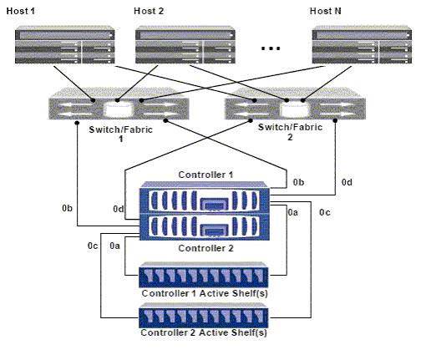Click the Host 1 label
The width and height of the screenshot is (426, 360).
pos(20,11)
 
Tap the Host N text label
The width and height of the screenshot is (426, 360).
pos(325,11)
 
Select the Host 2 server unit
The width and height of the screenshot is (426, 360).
pos(185,45)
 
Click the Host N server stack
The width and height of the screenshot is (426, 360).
pos(362,45)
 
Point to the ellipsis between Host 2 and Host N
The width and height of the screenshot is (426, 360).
pos(271,48)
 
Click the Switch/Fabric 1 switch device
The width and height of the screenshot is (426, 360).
pos(119,104)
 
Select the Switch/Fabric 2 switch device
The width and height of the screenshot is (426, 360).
pos(295,104)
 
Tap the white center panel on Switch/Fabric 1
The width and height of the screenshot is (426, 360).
pos(118,109)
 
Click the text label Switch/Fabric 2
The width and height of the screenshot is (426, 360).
pos(290,132)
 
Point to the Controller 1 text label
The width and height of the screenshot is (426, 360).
pos(205,175)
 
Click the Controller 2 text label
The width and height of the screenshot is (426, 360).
pos(205,248)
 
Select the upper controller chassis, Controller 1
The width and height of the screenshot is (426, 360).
pos(205,198)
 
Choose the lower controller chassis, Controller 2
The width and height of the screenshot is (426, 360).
pos(205,227)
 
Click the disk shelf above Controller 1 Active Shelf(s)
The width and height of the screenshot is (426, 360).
pos(204,275)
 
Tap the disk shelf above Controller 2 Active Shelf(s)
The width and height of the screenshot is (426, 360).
pos(204,315)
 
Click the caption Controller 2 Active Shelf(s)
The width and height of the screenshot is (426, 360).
pos(204,332)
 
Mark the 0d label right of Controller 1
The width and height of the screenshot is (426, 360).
pos(347,182)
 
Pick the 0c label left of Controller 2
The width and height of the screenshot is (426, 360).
pos(93,246)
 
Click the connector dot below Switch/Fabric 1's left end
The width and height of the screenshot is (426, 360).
pos(77,123)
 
